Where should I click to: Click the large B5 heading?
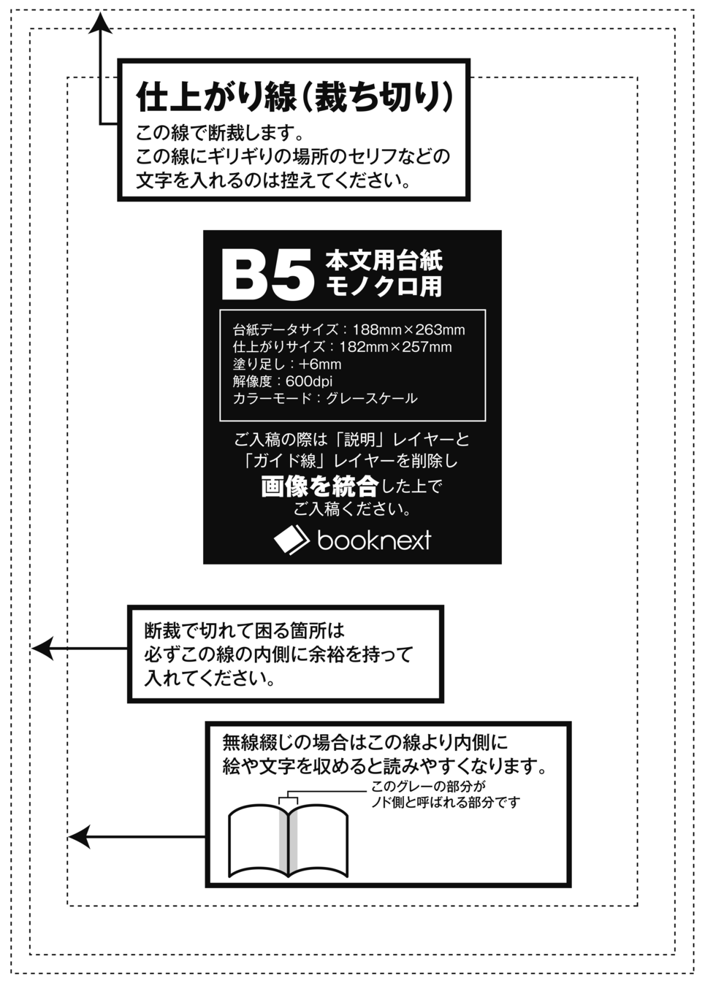[x=267, y=275]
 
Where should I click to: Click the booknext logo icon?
[x=291, y=540]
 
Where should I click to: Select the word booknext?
[x=374, y=540]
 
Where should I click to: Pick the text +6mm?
[x=320, y=364]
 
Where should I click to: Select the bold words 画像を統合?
[x=319, y=486]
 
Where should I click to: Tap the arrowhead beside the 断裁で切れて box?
[x=42, y=648]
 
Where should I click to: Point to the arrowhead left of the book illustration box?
[x=78, y=836]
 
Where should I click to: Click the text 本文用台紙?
[x=384, y=259]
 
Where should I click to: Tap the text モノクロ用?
[x=384, y=286]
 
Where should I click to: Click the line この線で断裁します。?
[x=219, y=133]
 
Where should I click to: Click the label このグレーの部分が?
[x=428, y=787]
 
